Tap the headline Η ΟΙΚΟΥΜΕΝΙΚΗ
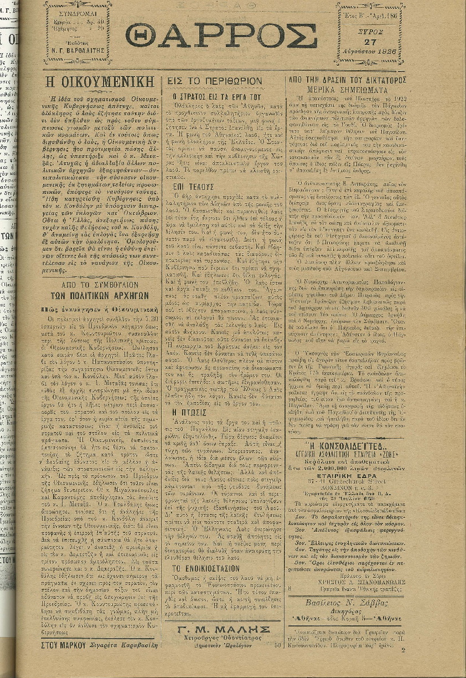point(99,81)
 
